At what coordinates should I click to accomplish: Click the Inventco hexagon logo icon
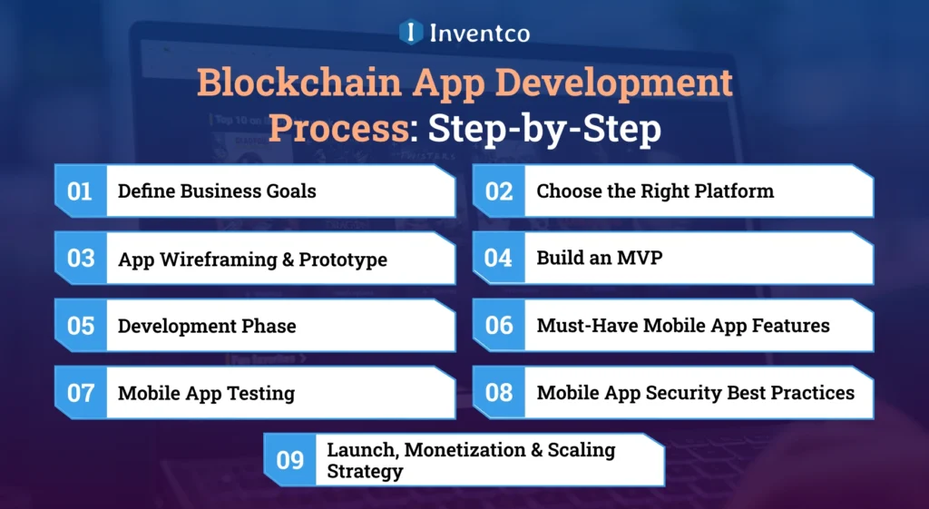(x=411, y=32)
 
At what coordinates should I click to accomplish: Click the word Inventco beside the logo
(x=480, y=33)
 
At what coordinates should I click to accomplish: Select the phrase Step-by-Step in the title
(x=544, y=130)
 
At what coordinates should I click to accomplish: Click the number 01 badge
(x=81, y=191)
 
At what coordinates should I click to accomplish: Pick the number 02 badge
(x=498, y=191)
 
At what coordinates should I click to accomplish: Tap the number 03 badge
(x=81, y=258)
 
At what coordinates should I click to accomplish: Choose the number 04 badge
(x=498, y=258)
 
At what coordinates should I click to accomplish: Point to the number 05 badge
(x=81, y=325)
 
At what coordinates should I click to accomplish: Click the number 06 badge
(x=498, y=325)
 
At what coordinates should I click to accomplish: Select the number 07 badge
(x=81, y=393)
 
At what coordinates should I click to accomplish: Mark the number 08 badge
(x=498, y=393)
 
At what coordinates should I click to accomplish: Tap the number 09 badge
(x=289, y=460)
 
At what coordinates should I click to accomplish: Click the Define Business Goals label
(x=217, y=191)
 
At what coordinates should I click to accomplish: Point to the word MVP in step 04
(x=642, y=258)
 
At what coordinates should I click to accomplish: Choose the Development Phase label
(x=207, y=326)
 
